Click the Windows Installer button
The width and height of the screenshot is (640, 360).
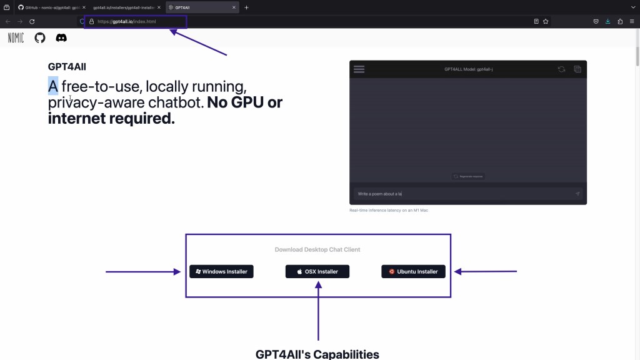[x=221, y=271]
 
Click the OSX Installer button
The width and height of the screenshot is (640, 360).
[x=317, y=271]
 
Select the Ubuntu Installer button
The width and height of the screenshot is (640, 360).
[x=413, y=271]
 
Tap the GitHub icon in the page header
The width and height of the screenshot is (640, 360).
[x=40, y=38]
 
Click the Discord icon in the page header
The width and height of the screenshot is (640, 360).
[x=61, y=38]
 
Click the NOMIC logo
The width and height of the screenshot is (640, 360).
[x=16, y=38]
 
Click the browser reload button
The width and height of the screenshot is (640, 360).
[x=32, y=21]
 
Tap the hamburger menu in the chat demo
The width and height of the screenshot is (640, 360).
[x=359, y=69]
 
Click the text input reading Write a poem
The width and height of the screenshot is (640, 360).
[x=462, y=194]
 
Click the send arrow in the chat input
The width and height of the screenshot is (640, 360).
[x=577, y=194]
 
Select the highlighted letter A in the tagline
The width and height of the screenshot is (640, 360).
[x=53, y=86]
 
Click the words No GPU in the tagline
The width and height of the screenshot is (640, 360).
[x=244, y=102]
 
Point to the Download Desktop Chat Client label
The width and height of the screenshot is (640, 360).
[x=317, y=249]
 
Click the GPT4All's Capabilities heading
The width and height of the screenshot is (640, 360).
[x=317, y=354]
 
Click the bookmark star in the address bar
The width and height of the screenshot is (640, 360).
[x=546, y=21]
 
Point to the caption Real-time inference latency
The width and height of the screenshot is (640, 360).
[x=389, y=211]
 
